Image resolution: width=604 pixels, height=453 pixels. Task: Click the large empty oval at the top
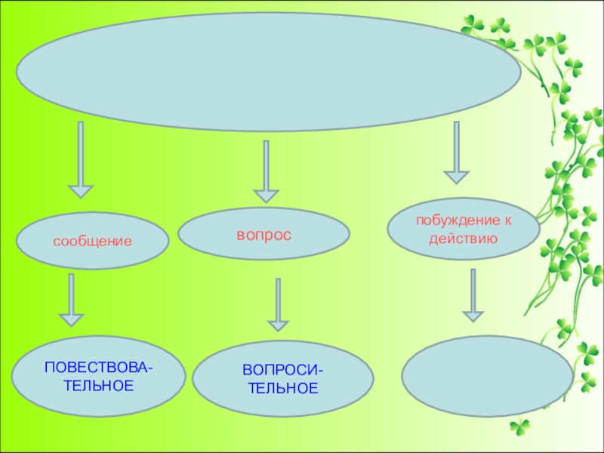[x=267, y=83]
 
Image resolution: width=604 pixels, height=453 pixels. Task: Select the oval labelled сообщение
[x=92, y=242]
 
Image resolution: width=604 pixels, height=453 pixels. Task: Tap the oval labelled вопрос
[x=264, y=236]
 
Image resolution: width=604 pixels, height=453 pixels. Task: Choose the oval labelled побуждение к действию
[x=463, y=230]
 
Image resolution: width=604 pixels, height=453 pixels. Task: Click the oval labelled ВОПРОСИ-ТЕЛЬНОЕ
[x=282, y=381]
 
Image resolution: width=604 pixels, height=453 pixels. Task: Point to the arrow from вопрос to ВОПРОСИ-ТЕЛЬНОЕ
[x=279, y=305]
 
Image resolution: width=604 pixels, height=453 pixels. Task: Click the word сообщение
[x=92, y=242]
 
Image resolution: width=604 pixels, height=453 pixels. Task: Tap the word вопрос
[x=264, y=236]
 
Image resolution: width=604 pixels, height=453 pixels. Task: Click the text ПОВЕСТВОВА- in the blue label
[x=99, y=368]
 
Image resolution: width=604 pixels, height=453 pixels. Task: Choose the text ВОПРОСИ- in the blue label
[x=282, y=371]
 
